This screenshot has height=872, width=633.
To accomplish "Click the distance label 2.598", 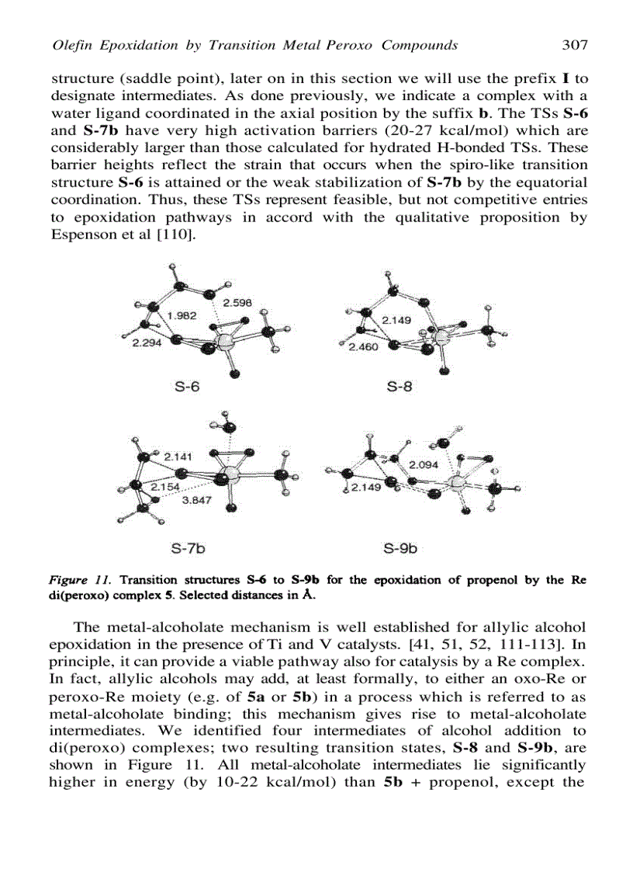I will (237, 302).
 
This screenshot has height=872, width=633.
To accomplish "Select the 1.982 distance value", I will (182, 315).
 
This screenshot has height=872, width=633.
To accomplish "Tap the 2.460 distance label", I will (363, 346).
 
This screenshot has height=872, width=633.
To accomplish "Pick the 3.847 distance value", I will (195, 500).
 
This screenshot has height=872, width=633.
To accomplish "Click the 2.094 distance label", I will (424, 464).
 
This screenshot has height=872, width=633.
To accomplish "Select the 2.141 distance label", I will (178, 457).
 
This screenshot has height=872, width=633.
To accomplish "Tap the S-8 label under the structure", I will (400, 386).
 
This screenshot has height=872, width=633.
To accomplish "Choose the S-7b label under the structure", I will (188, 549).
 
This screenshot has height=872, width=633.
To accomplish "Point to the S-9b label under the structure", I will (401, 549).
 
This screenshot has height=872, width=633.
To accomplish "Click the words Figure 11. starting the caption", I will (74, 579).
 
